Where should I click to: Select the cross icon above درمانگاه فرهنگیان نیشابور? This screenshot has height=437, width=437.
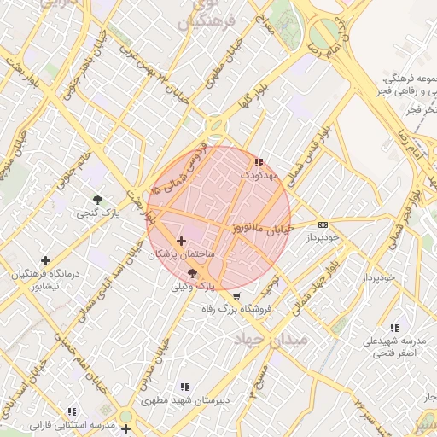click(45, 260)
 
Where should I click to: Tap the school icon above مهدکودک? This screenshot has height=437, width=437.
click(259, 162)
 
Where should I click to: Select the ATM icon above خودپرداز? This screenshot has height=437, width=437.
click(323, 224)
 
